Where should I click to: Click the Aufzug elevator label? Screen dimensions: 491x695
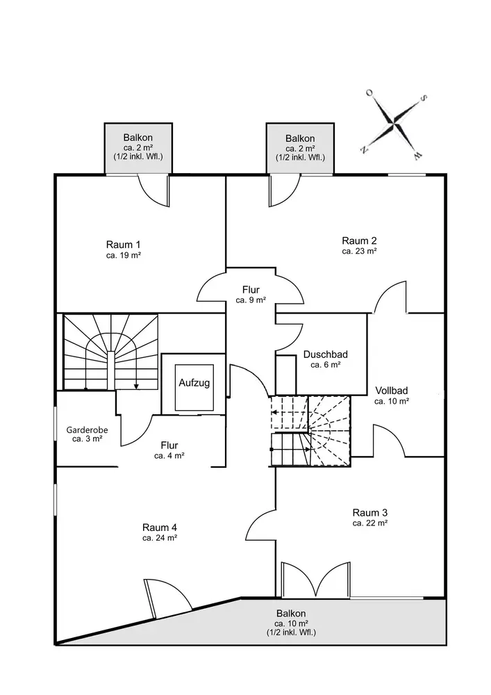[194, 383]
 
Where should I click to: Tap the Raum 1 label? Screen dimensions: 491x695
[124, 245]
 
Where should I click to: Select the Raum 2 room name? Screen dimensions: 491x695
[360, 240]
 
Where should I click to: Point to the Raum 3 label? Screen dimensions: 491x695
[370, 513]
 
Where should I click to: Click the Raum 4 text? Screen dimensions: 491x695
[160, 528]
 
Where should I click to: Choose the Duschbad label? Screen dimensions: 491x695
[326, 354]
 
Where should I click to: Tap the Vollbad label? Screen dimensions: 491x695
[392, 391]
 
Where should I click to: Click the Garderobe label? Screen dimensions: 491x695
[88, 430]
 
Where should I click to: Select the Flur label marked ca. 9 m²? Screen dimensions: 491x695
[251, 290]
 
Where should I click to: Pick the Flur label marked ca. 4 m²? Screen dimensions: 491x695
[169, 445]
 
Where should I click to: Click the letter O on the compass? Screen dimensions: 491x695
[369, 92]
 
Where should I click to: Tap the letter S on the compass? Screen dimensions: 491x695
[423, 98]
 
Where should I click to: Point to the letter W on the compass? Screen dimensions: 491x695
[417, 155]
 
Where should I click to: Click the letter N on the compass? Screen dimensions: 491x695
[363, 149]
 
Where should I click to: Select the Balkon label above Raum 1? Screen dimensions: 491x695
[138, 138]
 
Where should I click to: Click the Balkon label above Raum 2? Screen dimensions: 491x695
[300, 139]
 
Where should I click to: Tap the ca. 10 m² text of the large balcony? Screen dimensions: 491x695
[291, 623]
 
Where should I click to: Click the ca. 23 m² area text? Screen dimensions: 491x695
[360, 252]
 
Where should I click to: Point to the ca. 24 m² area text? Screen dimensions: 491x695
[160, 538]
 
